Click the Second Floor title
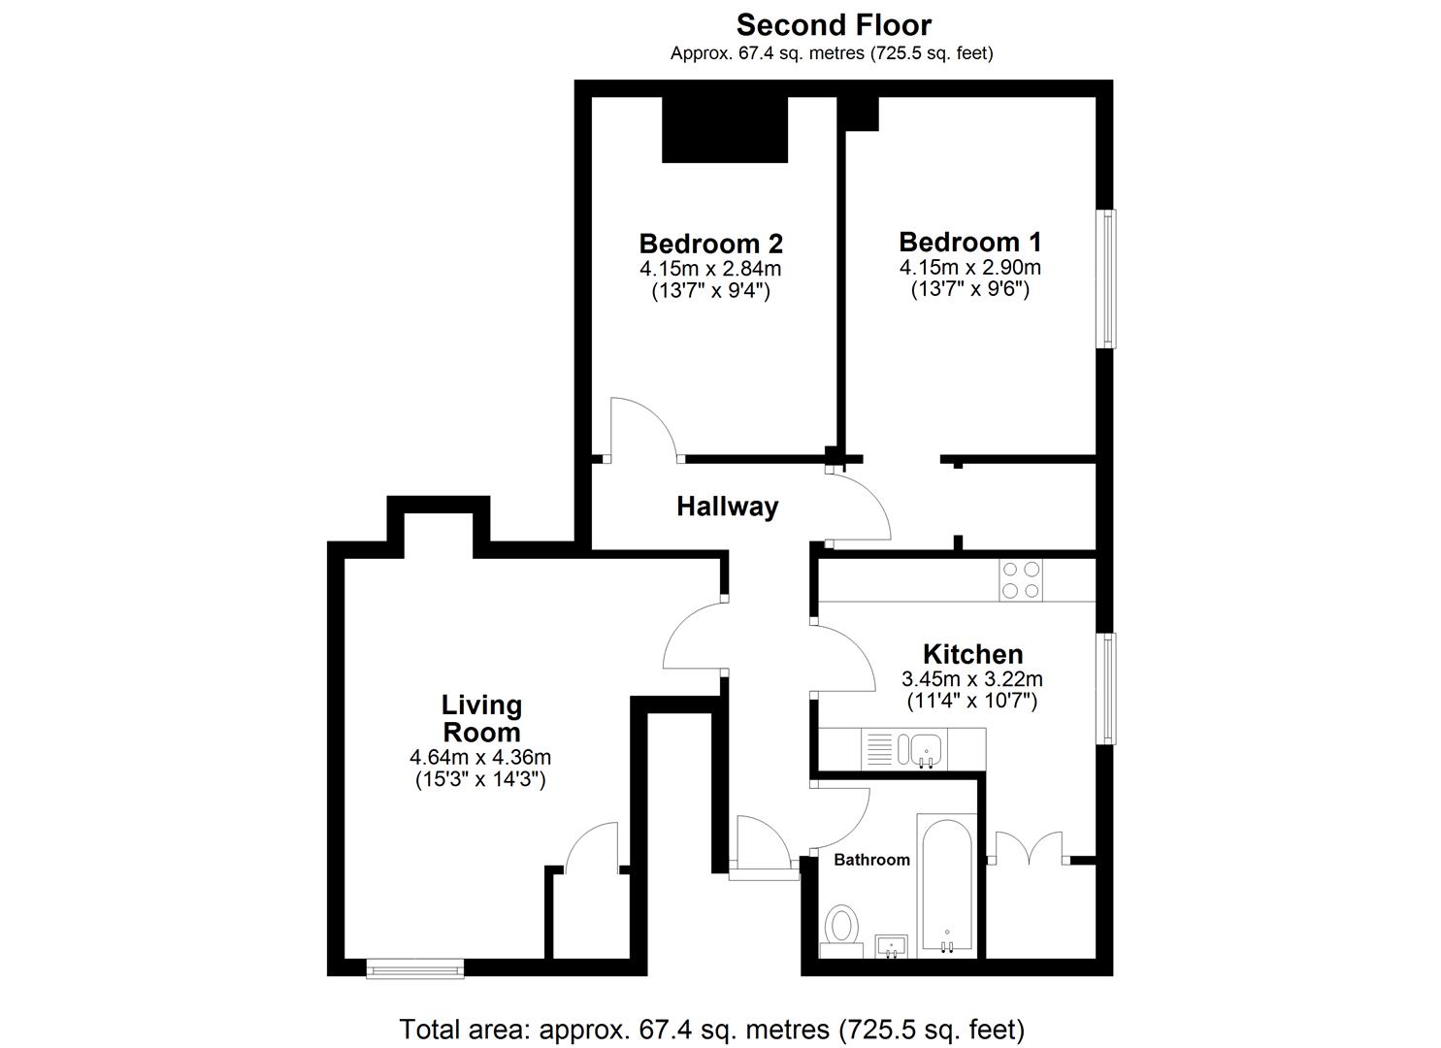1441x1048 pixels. tap(833, 24)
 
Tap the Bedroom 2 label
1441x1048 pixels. tap(710, 243)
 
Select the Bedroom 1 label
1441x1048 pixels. tap(969, 242)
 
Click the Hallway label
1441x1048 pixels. tap(727, 507)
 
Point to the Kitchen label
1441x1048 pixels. tap(972, 654)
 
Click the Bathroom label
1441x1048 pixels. tap(871, 860)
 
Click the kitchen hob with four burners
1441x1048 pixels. tap(1020, 580)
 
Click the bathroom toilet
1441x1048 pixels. tap(841, 929)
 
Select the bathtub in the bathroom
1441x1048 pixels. tap(946, 884)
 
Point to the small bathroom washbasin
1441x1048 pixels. tap(891, 945)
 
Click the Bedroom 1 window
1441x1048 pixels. tap(1106, 278)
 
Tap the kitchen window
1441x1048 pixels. tap(1106, 689)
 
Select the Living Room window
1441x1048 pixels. tap(414, 967)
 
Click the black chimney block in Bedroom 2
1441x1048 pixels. tap(724, 129)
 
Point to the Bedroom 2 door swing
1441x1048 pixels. tap(640, 427)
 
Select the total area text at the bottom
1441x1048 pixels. tap(711, 1029)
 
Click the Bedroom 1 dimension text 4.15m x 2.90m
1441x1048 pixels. tap(969, 268)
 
